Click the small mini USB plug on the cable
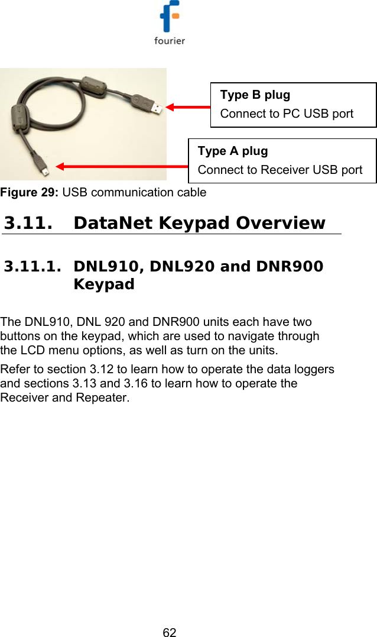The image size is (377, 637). pyautogui.click(x=45, y=170)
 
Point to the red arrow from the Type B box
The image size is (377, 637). pyautogui.click(x=188, y=107)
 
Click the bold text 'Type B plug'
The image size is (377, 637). pyautogui.click(x=255, y=95)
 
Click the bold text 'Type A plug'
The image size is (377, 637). pyautogui.click(x=233, y=151)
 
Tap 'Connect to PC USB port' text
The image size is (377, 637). pyautogui.click(x=287, y=114)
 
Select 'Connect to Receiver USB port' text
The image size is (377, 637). pyautogui.click(x=280, y=170)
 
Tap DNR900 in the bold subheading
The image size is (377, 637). pyautogui.click(x=290, y=267)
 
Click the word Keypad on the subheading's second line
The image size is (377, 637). pyautogui.click(x=104, y=284)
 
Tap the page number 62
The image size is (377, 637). pyautogui.click(x=170, y=632)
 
